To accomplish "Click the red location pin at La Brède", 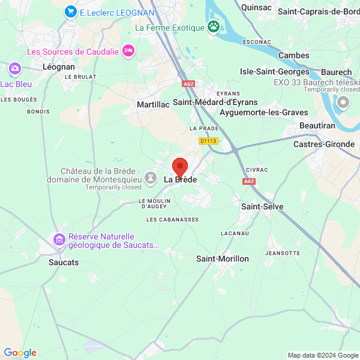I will tap(179, 167).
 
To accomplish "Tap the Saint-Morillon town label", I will tap(223, 259).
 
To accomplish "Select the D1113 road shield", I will tap(208, 141).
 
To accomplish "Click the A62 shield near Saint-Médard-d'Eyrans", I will tap(189, 85).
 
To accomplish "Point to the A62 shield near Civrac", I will tap(250, 181).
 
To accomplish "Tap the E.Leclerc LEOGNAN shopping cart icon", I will tap(71, 11).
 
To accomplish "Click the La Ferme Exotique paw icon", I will tap(213, 26).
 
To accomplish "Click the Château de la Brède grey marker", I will tap(150, 178).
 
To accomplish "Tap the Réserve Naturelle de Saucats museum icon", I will tap(59, 240).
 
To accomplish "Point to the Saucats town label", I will tap(64, 262).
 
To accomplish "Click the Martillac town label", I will tap(153, 104).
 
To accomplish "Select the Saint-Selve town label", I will tap(262, 206).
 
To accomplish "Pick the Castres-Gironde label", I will tap(324, 144).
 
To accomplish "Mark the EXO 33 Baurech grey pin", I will tap(343, 103).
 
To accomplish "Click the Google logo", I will tap(20, 353).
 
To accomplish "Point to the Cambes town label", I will tap(294, 55).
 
